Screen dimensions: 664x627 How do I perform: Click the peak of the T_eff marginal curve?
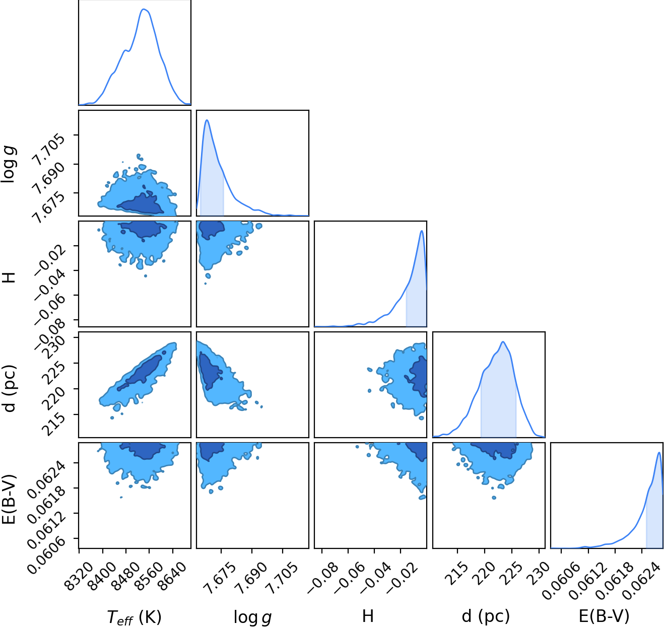click(x=144, y=9)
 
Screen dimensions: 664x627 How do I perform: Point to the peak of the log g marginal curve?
click(x=207, y=120)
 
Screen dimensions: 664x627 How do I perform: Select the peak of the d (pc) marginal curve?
click(x=503, y=341)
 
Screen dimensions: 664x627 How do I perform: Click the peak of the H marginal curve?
click(x=422, y=231)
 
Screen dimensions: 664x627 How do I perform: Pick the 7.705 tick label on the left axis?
click(x=46, y=150)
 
